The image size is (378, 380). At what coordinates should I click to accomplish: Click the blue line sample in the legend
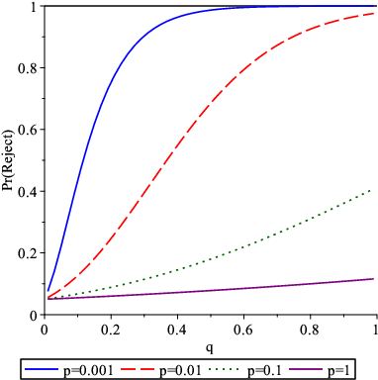pos(42,368)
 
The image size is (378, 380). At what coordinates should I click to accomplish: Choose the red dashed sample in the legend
pos(138,368)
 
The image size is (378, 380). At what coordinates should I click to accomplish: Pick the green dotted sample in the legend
pos(224,368)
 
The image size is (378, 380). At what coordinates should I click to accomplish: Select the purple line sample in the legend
pos(306,368)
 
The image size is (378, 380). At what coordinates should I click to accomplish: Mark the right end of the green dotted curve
pos(373,189)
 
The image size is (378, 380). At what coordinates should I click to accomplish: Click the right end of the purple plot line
pos(373,279)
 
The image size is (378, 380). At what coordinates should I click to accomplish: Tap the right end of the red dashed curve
pos(373,13)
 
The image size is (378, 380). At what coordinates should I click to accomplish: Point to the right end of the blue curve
pos(373,7)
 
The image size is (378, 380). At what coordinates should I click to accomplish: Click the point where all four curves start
pos(47,297)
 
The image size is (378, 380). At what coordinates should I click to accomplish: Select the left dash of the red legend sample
pos(127,368)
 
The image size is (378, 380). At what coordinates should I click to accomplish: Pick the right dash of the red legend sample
pos(149,368)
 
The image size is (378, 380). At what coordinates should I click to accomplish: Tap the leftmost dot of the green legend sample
pos(210,368)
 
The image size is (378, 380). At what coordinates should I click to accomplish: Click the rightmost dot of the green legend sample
pos(237,368)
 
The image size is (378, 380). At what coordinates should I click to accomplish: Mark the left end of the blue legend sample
pos(26,368)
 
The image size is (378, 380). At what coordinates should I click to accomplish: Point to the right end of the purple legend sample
pos(322,368)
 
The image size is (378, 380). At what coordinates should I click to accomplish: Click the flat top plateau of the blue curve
pos(297,7)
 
